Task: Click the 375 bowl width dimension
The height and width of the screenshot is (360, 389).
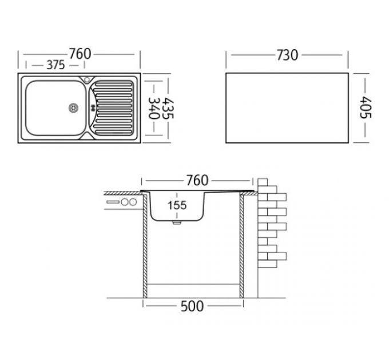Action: click(56, 65)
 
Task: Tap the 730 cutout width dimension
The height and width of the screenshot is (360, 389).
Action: click(287, 55)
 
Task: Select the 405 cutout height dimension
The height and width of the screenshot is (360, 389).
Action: click(366, 107)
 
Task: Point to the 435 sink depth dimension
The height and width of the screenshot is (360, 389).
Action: click(168, 108)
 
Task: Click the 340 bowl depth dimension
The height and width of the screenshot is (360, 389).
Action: click(153, 108)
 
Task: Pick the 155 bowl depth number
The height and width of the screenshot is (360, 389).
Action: click(177, 205)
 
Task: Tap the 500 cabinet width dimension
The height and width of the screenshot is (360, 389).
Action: click(192, 306)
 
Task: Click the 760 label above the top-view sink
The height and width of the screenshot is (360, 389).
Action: click(80, 54)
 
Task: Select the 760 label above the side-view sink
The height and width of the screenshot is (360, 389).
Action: click(197, 181)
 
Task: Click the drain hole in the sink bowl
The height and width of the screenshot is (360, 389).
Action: click(73, 108)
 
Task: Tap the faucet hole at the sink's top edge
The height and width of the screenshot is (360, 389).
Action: click(87, 79)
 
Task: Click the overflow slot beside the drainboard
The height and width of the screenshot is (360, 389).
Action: click(93, 108)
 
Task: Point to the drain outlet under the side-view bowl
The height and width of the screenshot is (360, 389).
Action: click(177, 222)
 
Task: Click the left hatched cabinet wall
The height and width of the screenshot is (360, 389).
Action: click(145, 246)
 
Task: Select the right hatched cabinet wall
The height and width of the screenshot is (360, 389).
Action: click(241, 246)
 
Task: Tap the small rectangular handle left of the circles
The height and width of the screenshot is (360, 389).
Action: click(113, 202)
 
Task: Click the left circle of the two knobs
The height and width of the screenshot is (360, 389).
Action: click(125, 202)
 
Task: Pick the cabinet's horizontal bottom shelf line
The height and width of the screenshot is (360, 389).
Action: click(193, 284)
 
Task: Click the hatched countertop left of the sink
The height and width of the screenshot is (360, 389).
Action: click(123, 193)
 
